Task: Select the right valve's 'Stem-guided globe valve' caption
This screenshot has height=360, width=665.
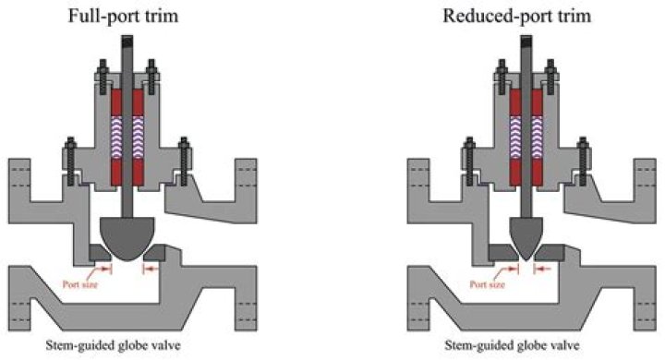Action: (x=527, y=347)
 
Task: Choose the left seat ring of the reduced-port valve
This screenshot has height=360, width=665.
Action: (x=502, y=252)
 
